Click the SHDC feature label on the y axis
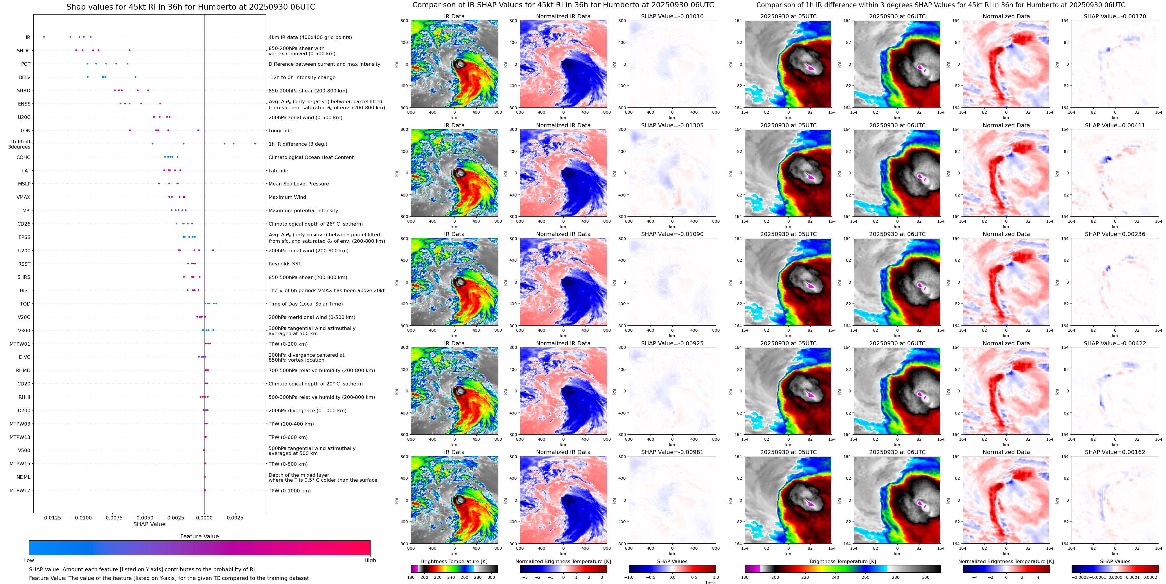[24, 51]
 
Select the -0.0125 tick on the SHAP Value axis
[51, 517]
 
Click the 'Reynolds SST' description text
[285, 264]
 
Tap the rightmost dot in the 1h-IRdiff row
[255, 144]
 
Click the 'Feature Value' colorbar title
[199, 536]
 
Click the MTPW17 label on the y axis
[20, 490]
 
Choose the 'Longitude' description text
[280, 131]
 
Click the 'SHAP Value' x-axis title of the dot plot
[149, 524]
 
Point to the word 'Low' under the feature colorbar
[29, 560]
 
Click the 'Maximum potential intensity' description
[303, 211]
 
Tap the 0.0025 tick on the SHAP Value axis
[235, 517]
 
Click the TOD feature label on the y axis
[25, 304]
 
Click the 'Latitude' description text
[279, 171]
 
